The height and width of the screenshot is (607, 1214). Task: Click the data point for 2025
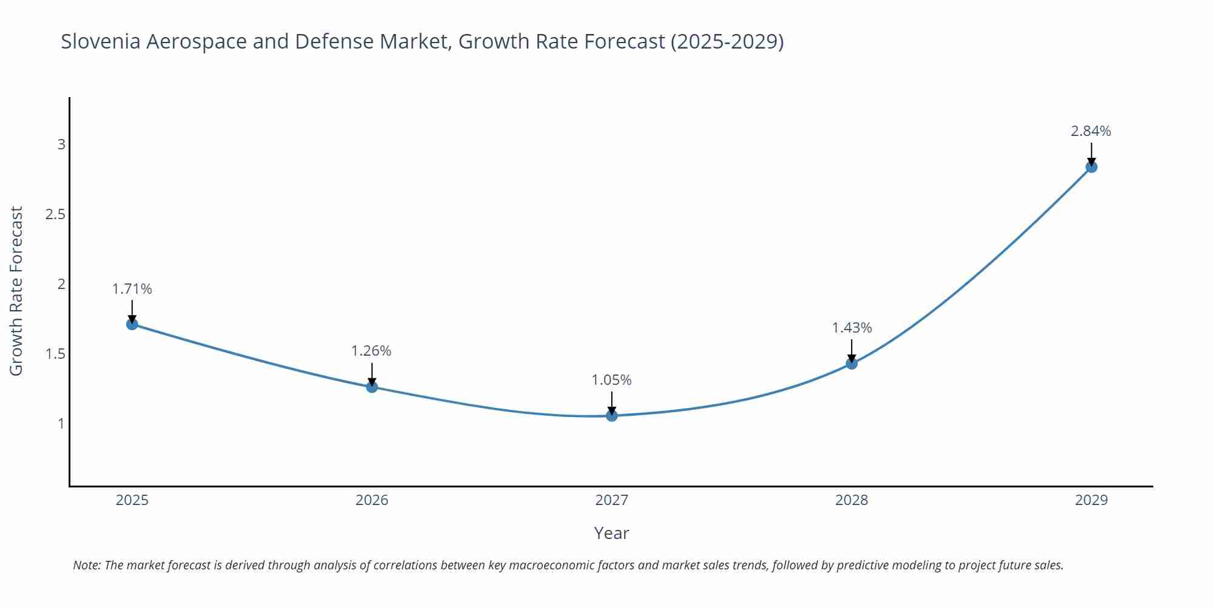click(x=132, y=324)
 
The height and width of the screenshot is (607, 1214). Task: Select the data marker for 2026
click(x=372, y=387)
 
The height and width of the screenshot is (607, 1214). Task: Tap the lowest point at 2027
click(x=612, y=416)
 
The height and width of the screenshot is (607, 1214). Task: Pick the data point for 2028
click(x=852, y=364)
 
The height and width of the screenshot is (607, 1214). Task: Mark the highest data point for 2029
click(x=1091, y=167)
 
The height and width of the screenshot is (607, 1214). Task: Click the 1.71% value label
click(x=132, y=289)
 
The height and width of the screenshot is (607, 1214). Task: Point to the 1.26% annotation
click(x=371, y=351)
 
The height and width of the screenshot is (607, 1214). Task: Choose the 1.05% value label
click(x=612, y=380)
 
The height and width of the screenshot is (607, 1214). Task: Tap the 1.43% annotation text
click(x=852, y=328)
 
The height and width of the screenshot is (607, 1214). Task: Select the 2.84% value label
click(x=1091, y=131)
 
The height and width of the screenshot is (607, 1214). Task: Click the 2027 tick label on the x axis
click(x=612, y=500)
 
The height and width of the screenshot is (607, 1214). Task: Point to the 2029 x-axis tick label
click(x=1091, y=500)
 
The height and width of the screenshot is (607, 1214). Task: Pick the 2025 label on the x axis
click(x=132, y=500)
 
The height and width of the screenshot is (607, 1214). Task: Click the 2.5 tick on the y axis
click(x=55, y=214)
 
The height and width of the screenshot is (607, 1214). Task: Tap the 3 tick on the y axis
click(x=61, y=144)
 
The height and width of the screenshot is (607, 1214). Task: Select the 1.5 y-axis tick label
click(x=55, y=354)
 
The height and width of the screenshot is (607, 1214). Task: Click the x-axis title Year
click(x=612, y=533)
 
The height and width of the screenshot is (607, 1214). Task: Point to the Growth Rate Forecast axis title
click(x=16, y=291)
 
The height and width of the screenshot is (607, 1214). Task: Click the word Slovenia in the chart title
click(x=101, y=41)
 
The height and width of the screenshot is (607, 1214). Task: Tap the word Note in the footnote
click(x=86, y=565)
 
